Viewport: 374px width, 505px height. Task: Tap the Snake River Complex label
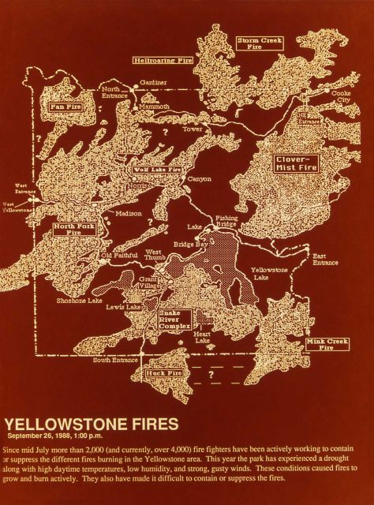[x=174, y=319]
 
